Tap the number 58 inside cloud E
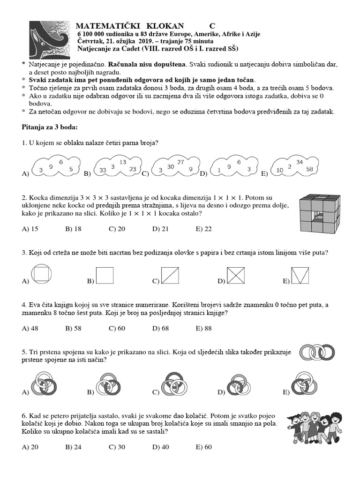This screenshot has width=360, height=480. (x=309, y=169)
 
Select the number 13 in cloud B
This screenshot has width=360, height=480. (x=123, y=162)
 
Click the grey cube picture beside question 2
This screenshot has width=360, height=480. (x=318, y=213)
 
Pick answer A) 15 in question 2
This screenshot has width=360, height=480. (x=30, y=229)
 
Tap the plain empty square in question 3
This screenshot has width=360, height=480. (x=105, y=275)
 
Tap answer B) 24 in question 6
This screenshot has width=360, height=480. (x=74, y=447)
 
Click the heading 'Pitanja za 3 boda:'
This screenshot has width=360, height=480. (x=50, y=127)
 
